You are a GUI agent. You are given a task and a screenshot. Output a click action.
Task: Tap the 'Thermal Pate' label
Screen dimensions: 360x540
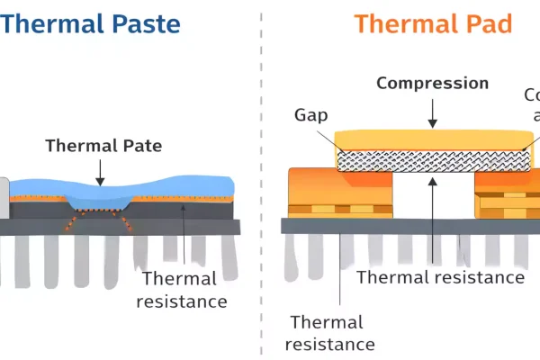pyautogui.click(x=99, y=145)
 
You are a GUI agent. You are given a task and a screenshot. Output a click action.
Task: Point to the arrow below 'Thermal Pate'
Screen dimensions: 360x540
pyautogui.click(x=99, y=170)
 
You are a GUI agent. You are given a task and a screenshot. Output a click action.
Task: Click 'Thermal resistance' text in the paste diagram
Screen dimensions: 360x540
pyautogui.click(x=182, y=290)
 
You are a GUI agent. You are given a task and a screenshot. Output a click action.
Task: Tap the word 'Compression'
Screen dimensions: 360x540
pyautogui.click(x=432, y=84)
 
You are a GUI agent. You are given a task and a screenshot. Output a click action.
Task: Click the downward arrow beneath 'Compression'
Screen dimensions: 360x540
pyautogui.click(x=432, y=112)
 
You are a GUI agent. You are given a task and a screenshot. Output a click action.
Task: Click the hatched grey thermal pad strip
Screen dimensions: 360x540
pyautogui.click(x=432, y=160)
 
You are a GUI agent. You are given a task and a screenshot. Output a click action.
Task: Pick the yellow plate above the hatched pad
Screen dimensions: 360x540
pyautogui.click(x=432, y=139)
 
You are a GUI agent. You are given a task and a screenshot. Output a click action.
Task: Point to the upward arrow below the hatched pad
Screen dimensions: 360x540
pyautogui.click(x=433, y=207)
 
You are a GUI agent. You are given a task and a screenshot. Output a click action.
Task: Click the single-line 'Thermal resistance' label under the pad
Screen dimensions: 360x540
pyautogui.click(x=440, y=277)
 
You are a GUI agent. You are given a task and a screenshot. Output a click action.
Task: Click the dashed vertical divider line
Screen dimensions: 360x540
pyautogui.click(x=261, y=180)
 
